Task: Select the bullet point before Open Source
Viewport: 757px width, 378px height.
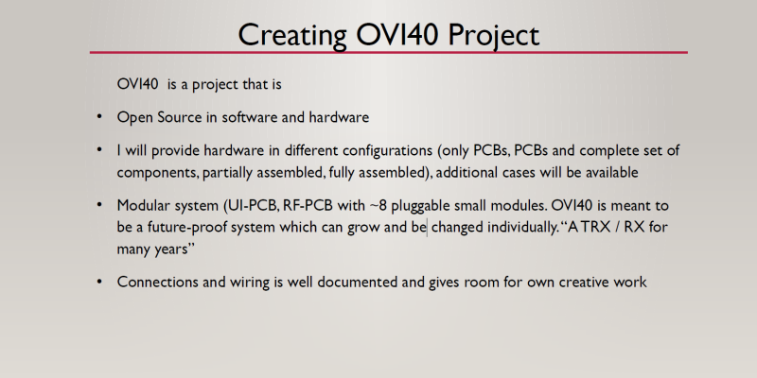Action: pos(99,118)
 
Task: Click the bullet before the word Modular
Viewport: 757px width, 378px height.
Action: pos(99,205)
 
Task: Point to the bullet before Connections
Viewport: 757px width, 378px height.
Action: pos(99,283)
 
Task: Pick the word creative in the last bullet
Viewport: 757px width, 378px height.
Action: pos(572,283)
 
